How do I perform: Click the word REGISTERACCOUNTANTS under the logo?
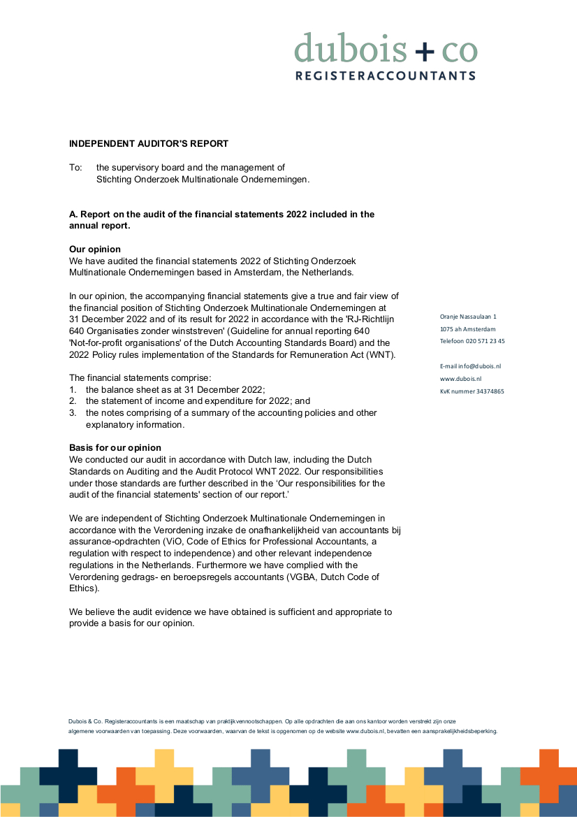386,75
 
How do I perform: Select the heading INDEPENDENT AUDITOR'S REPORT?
149,144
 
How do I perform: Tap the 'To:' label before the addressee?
75,168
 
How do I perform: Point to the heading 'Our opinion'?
94,250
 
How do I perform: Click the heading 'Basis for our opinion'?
115,447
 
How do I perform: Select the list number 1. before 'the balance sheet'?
72,389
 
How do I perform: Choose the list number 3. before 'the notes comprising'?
72,413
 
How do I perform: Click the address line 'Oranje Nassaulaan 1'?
468,317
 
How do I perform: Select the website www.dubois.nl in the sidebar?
460,379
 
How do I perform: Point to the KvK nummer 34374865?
472,391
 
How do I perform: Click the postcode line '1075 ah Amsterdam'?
467,329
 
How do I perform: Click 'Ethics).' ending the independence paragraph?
84,588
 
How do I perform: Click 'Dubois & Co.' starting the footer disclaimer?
85,721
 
